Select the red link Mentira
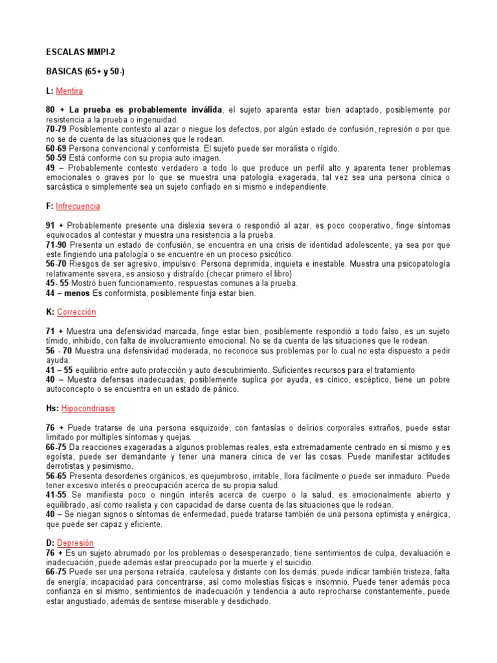click(x=69, y=91)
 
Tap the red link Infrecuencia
click(x=78, y=207)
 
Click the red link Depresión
click(x=75, y=543)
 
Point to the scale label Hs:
click(x=52, y=409)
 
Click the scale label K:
click(x=49, y=312)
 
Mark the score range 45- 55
click(x=56, y=283)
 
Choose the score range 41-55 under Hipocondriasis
click(x=54, y=495)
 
